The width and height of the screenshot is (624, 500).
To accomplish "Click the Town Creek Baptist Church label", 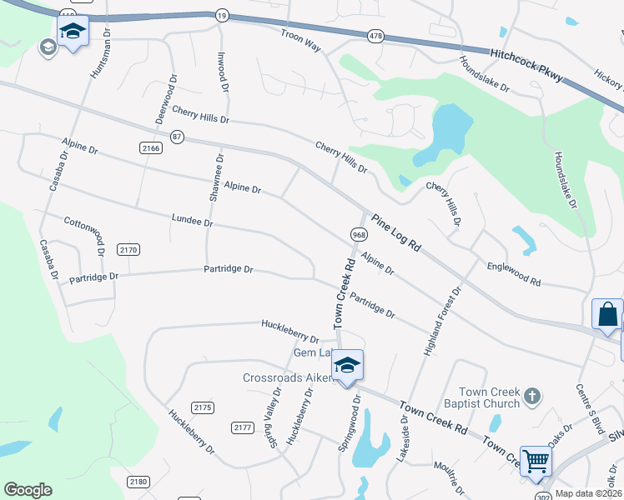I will [x=488, y=398].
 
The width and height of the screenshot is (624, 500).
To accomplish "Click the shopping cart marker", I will [x=535, y=460].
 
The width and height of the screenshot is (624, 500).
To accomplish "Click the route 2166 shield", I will [x=151, y=147].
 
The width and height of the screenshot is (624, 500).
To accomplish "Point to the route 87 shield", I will [x=176, y=136].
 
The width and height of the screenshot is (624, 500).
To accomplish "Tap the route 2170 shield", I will [x=128, y=249].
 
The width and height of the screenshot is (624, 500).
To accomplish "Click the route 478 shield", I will [x=375, y=36].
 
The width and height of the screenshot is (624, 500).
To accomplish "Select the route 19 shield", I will [x=221, y=15].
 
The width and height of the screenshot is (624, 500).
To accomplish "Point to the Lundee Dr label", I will [x=193, y=222].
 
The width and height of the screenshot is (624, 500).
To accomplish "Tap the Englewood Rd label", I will [x=514, y=273].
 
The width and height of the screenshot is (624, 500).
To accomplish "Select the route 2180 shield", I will [x=138, y=482].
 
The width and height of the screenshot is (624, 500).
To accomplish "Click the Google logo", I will [x=27, y=490].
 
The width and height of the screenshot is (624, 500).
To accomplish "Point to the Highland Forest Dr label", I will [x=443, y=323].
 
